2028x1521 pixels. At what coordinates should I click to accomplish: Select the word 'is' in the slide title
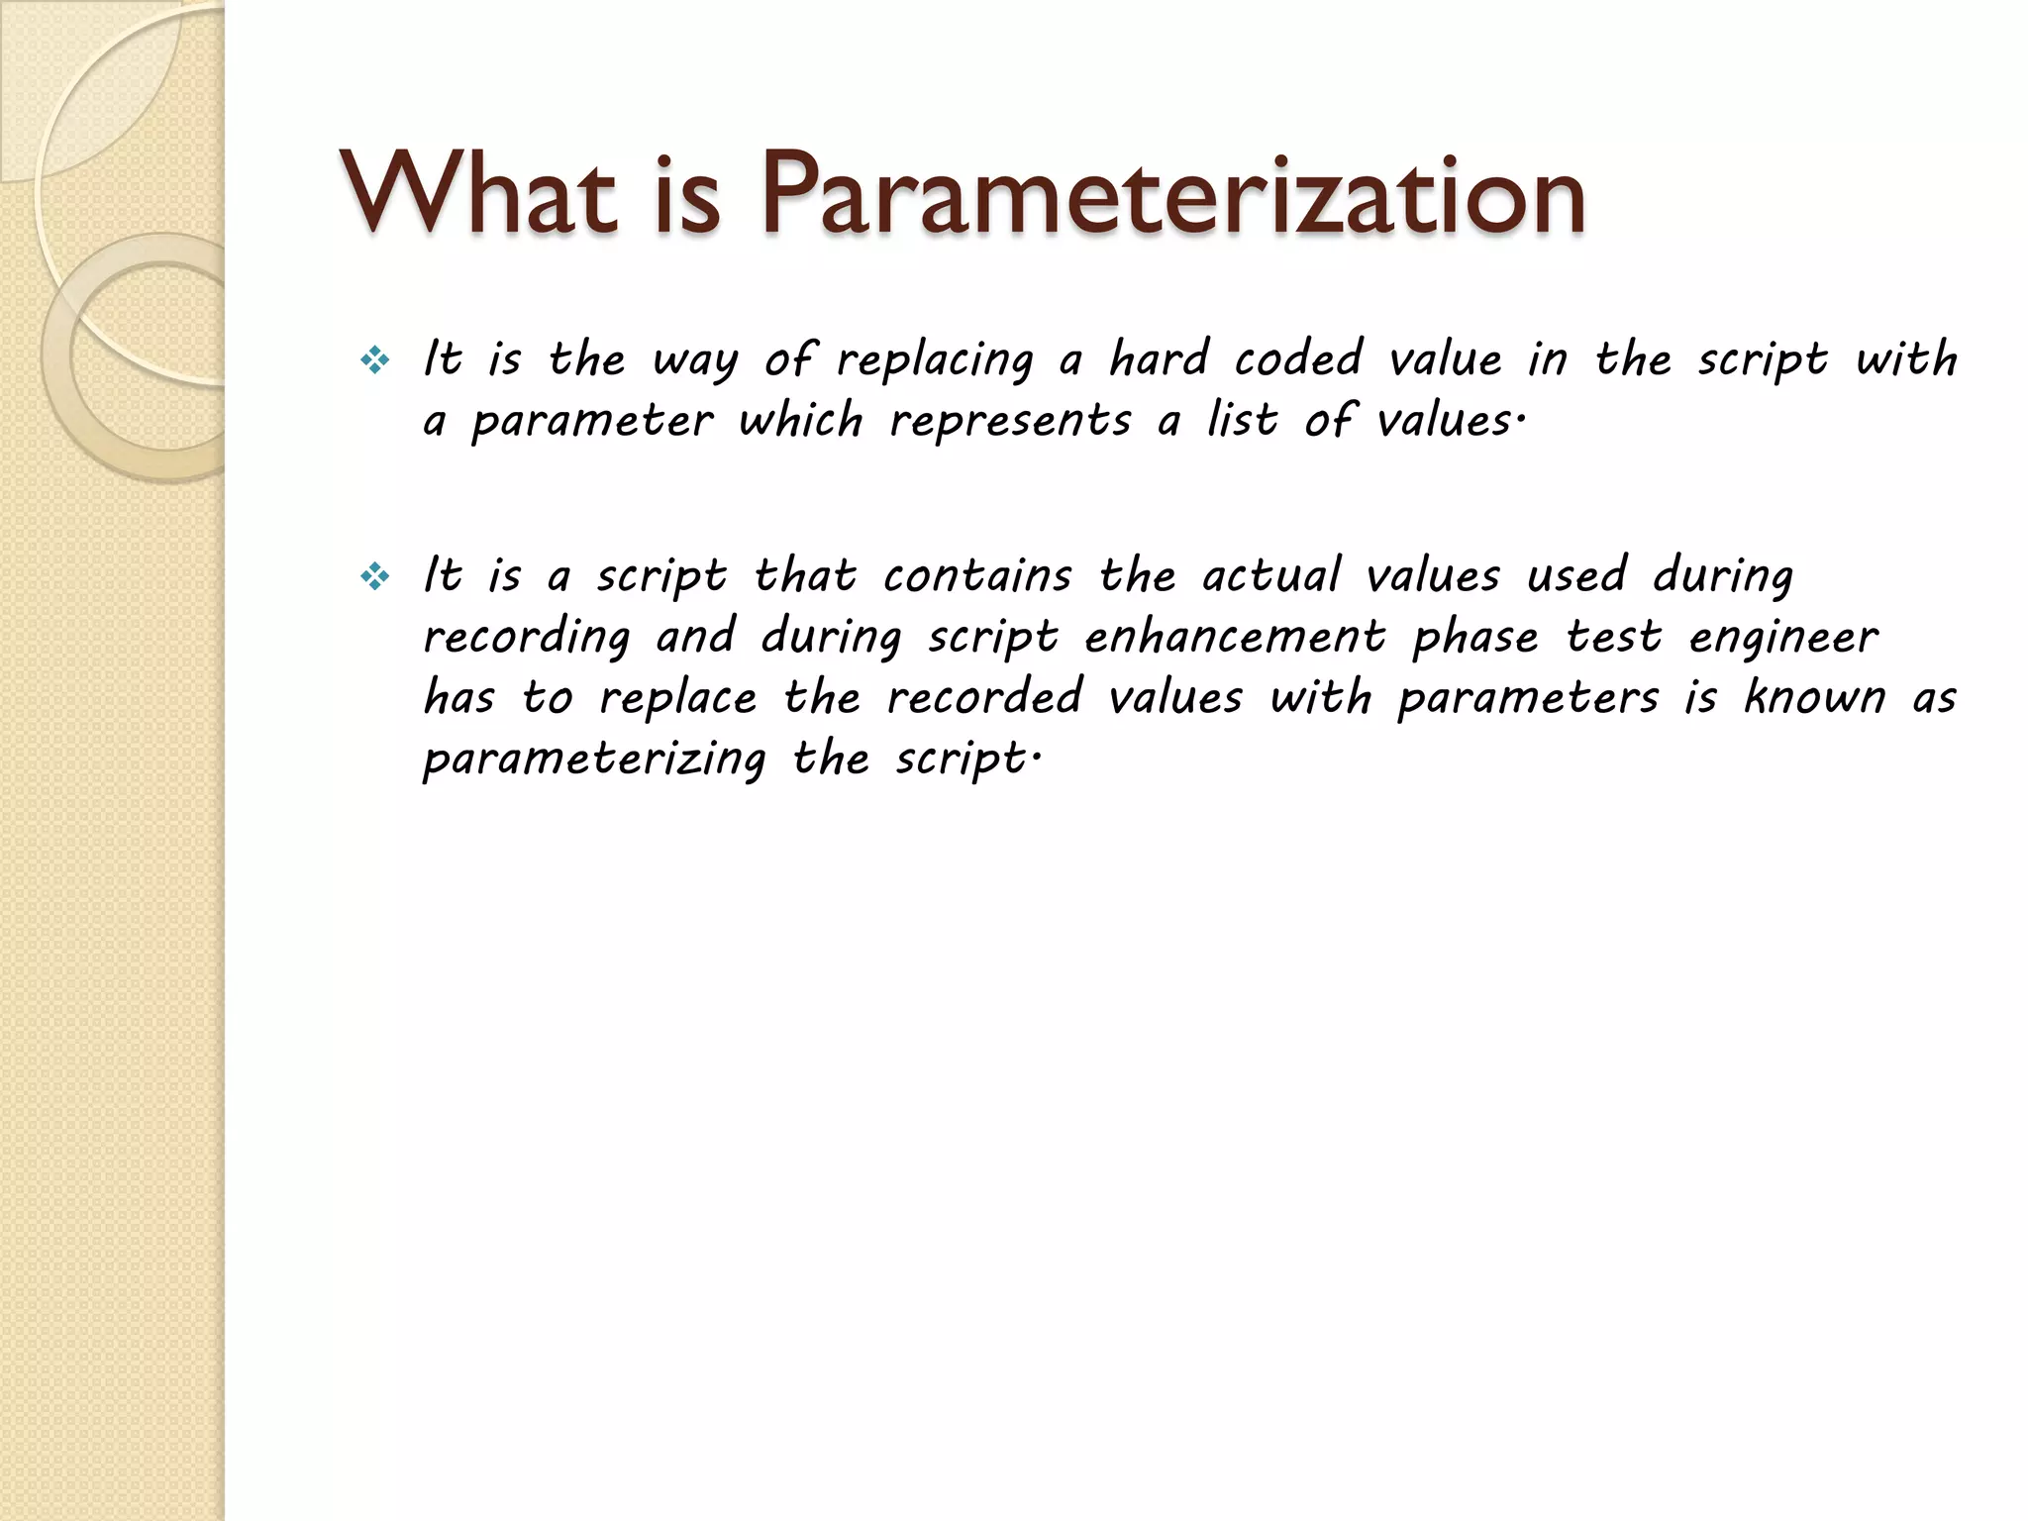pyautogui.click(x=686, y=195)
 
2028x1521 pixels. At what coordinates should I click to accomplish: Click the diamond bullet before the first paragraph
pyautogui.click(x=375, y=361)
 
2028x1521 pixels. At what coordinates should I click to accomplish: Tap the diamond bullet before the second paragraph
pyautogui.click(x=375, y=576)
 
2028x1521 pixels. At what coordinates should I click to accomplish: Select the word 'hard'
pyautogui.click(x=1159, y=358)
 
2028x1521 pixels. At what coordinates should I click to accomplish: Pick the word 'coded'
pyautogui.click(x=1298, y=358)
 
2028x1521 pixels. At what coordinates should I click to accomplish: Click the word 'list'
pyautogui.click(x=1242, y=420)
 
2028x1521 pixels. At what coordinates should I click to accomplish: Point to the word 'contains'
pyautogui.click(x=977, y=576)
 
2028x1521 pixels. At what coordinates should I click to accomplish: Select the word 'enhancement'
pyautogui.click(x=1235, y=637)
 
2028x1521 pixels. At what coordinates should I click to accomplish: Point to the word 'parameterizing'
pyautogui.click(x=594, y=760)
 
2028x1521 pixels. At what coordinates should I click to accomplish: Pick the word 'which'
pyautogui.click(x=801, y=421)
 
